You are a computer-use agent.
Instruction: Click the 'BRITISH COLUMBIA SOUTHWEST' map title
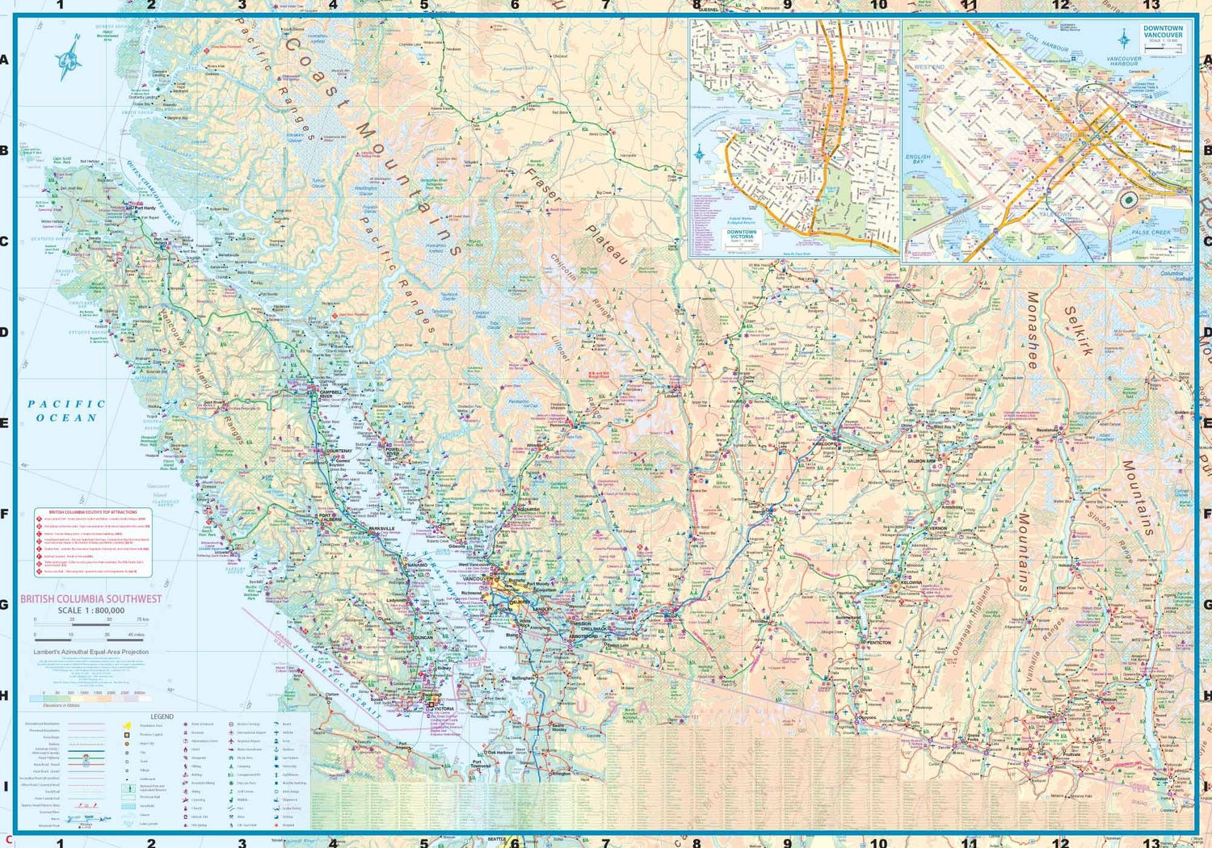[90, 599]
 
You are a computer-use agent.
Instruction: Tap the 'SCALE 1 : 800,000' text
[90, 611]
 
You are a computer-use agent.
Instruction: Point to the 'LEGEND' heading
[162, 716]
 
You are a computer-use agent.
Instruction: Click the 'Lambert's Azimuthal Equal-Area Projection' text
[90, 652]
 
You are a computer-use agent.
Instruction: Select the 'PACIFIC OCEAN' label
[66, 410]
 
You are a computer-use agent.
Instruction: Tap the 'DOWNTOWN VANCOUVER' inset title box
[1163, 33]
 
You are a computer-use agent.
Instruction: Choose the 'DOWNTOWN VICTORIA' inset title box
[742, 235]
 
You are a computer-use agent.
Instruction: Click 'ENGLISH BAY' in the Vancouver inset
[918, 158]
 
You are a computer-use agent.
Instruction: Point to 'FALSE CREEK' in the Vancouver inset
[1151, 233]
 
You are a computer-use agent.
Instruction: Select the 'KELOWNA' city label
[911, 582]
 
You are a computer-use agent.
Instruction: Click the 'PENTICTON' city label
[878, 643]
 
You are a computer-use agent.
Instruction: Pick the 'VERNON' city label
[938, 528]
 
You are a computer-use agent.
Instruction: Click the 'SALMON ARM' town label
[921, 461]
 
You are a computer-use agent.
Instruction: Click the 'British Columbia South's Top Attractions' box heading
[93, 512]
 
